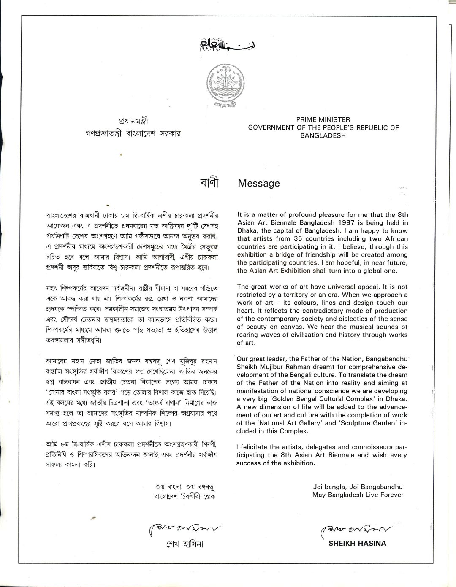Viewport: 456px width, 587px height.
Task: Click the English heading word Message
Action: coord(259,184)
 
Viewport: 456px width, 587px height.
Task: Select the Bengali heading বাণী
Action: coord(209,183)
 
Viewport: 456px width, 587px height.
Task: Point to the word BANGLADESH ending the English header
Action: coord(323,135)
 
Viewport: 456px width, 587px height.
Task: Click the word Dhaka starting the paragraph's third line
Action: coord(247,231)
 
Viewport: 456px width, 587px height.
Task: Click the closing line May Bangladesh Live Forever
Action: coord(358,495)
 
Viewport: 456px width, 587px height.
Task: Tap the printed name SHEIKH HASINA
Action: coord(357,543)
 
